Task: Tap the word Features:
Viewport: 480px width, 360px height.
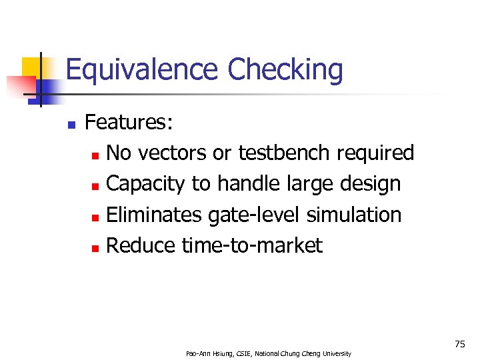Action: pyautogui.click(x=129, y=123)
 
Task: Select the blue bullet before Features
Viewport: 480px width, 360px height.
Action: pyautogui.click(x=71, y=124)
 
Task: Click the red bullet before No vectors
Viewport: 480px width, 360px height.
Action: pyautogui.click(x=95, y=155)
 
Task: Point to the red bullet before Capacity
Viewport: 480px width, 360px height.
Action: pyautogui.click(x=95, y=185)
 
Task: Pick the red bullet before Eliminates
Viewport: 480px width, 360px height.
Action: pyautogui.click(x=95, y=216)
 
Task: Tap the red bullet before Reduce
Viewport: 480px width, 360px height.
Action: pyautogui.click(x=95, y=247)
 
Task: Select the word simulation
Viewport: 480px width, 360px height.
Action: pyautogui.click(x=354, y=215)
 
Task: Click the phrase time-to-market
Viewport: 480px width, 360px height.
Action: pyautogui.click(x=251, y=245)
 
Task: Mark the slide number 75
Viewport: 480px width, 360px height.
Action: pyautogui.click(x=459, y=344)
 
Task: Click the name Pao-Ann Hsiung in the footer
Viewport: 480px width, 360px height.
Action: pyautogui.click(x=207, y=353)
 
